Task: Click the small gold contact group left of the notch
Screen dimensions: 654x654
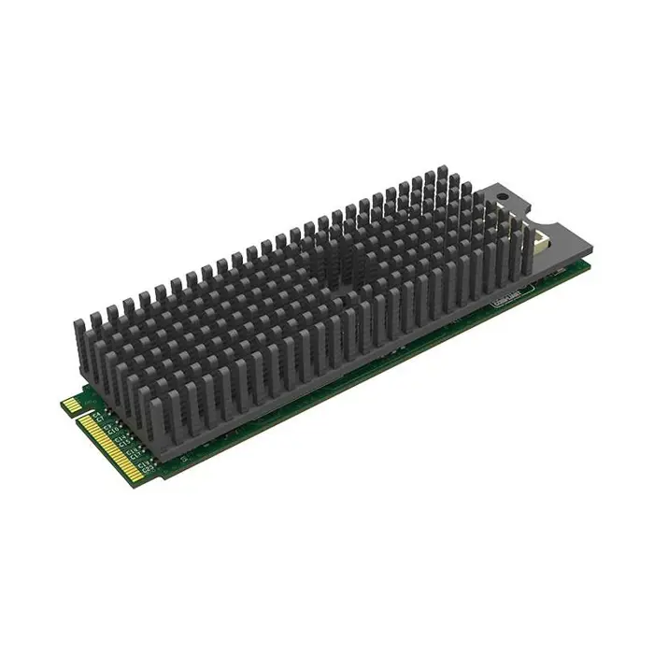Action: (x=69, y=405)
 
